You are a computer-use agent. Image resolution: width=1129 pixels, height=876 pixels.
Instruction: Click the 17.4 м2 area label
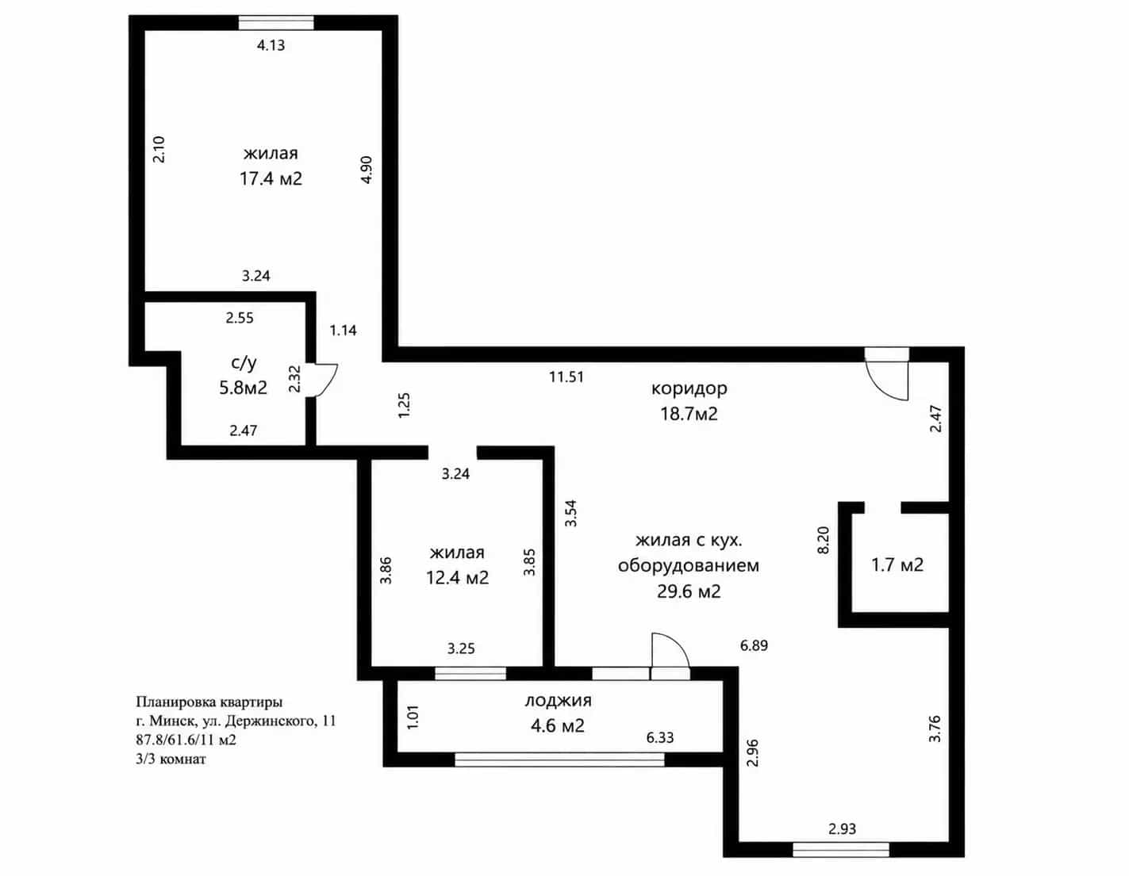pos(271,178)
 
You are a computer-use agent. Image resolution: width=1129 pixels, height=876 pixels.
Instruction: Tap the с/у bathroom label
pos(243,363)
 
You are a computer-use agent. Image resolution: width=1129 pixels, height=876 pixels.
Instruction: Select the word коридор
pos(689,388)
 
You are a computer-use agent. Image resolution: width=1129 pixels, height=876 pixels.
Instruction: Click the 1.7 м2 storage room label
pos(897,564)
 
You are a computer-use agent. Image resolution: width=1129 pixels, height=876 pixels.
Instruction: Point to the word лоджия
pos(558,701)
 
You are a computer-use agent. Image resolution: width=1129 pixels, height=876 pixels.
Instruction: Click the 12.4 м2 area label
pos(457,578)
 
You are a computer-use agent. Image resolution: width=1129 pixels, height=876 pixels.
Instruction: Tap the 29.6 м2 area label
pos(689,591)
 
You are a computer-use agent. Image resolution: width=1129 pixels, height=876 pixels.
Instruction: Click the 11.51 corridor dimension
pos(566,377)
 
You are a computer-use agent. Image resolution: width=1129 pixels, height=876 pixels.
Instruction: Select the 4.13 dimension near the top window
pos(271,45)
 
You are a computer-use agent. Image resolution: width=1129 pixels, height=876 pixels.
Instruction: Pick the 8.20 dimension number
pos(824,540)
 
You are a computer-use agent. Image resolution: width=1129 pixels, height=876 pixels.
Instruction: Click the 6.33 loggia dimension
pos(660,737)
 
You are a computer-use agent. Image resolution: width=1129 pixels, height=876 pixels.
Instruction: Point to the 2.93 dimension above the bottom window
pos(842,828)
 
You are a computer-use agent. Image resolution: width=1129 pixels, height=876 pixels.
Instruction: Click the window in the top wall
pos(276,23)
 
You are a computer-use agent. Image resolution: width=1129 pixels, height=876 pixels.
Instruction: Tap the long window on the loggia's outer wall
pos(559,759)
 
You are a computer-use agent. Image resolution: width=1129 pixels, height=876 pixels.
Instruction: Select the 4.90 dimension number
pos(367,170)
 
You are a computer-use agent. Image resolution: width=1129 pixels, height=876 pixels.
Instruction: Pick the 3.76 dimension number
pos(935,729)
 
